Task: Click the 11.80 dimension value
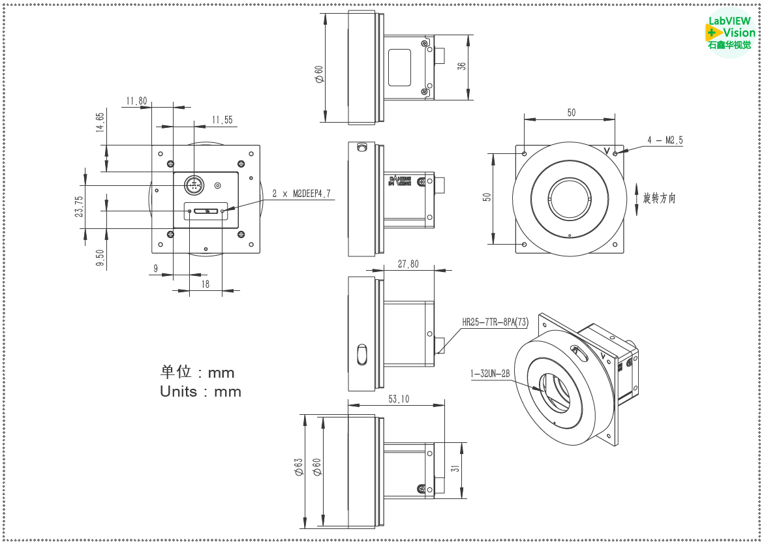pos(136,101)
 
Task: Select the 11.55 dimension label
pos(222,120)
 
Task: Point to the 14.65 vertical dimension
pos(100,123)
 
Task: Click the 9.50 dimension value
pos(100,259)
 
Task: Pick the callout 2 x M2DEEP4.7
pos(301,194)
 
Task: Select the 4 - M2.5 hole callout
pos(665,140)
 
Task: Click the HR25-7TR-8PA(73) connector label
pos(495,322)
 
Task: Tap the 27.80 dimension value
pos(408,264)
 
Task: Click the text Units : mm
pos(200,391)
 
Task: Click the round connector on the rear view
pos(193,185)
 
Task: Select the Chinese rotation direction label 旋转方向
pos(659,198)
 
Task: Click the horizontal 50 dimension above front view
pos(571,113)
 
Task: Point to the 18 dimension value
pos(206,284)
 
